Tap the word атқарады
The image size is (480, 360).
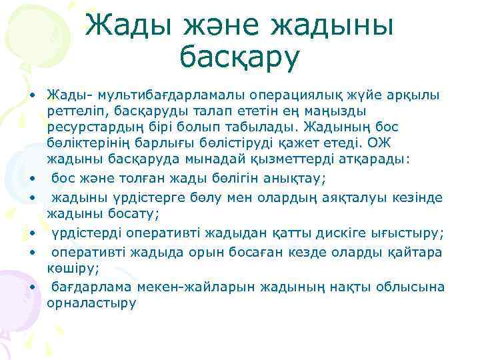(373, 159)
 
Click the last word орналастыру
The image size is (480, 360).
(91, 303)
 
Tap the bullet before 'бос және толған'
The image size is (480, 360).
(31, 178)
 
